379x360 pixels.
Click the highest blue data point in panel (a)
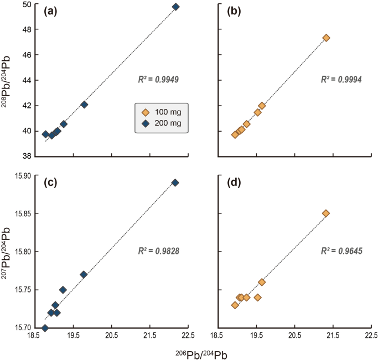point(175,7)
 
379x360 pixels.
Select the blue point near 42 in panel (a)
point(84,105)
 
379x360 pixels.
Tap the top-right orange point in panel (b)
point(326,38)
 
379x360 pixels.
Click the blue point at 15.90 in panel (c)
point(175,182)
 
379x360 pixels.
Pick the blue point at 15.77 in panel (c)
point(84,274)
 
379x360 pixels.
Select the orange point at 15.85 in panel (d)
point(326,213)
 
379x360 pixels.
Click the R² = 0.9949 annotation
point(158,80)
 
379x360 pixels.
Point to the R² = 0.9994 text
point(341,80)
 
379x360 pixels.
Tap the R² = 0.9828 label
point(158,251)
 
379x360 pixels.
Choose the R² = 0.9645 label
point(341,251)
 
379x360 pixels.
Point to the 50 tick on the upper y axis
point(26,4)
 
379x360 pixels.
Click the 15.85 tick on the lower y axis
point(22,213)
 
